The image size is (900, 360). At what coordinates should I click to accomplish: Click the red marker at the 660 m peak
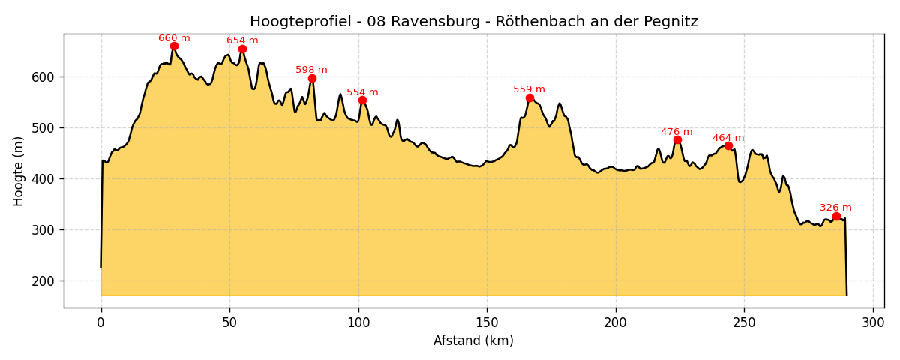[174, 46]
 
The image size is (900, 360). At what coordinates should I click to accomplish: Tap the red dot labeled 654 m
[242, 49]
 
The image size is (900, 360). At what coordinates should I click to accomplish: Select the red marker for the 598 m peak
[312, 78]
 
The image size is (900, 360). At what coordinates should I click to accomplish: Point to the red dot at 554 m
[362, 100]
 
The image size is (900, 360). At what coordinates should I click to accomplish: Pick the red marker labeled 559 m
[529, 98]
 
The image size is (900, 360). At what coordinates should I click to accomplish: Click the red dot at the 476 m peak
[677, 140]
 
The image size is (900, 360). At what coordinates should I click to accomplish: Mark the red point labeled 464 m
[728, 146]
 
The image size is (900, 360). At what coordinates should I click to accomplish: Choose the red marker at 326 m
[836, 217]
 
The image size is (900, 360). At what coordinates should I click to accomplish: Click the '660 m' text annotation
[174, 38]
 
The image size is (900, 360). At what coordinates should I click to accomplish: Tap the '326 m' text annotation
[835, 208]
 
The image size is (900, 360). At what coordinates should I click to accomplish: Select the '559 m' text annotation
[529, 89]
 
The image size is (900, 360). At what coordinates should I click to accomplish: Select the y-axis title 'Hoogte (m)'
[19, 171]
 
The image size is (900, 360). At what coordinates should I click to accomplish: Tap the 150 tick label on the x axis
[487, 322]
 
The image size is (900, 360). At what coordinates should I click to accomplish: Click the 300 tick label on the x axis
[873, 322]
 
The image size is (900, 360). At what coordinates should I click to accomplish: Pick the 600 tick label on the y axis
[42, 77]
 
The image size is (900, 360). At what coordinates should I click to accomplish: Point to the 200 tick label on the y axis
[42, 281]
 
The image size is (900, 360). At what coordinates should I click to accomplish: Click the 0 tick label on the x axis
[101, 322]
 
